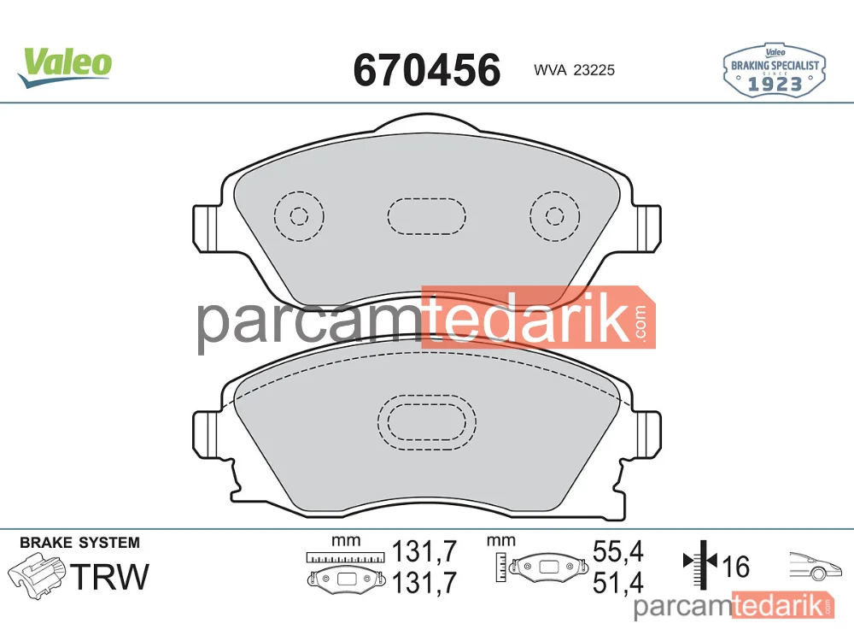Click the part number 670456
point(427,70)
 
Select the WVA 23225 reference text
point(574,70)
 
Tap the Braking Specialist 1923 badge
point(775,71)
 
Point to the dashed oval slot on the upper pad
point(427,199)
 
